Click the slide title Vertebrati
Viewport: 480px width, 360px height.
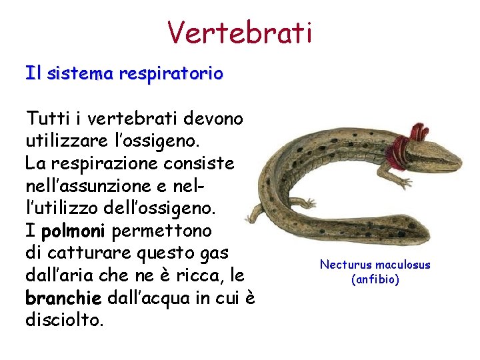pos(239,32)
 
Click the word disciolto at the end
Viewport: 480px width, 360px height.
pos(64,321)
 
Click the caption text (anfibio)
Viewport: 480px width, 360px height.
pos(375,279)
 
